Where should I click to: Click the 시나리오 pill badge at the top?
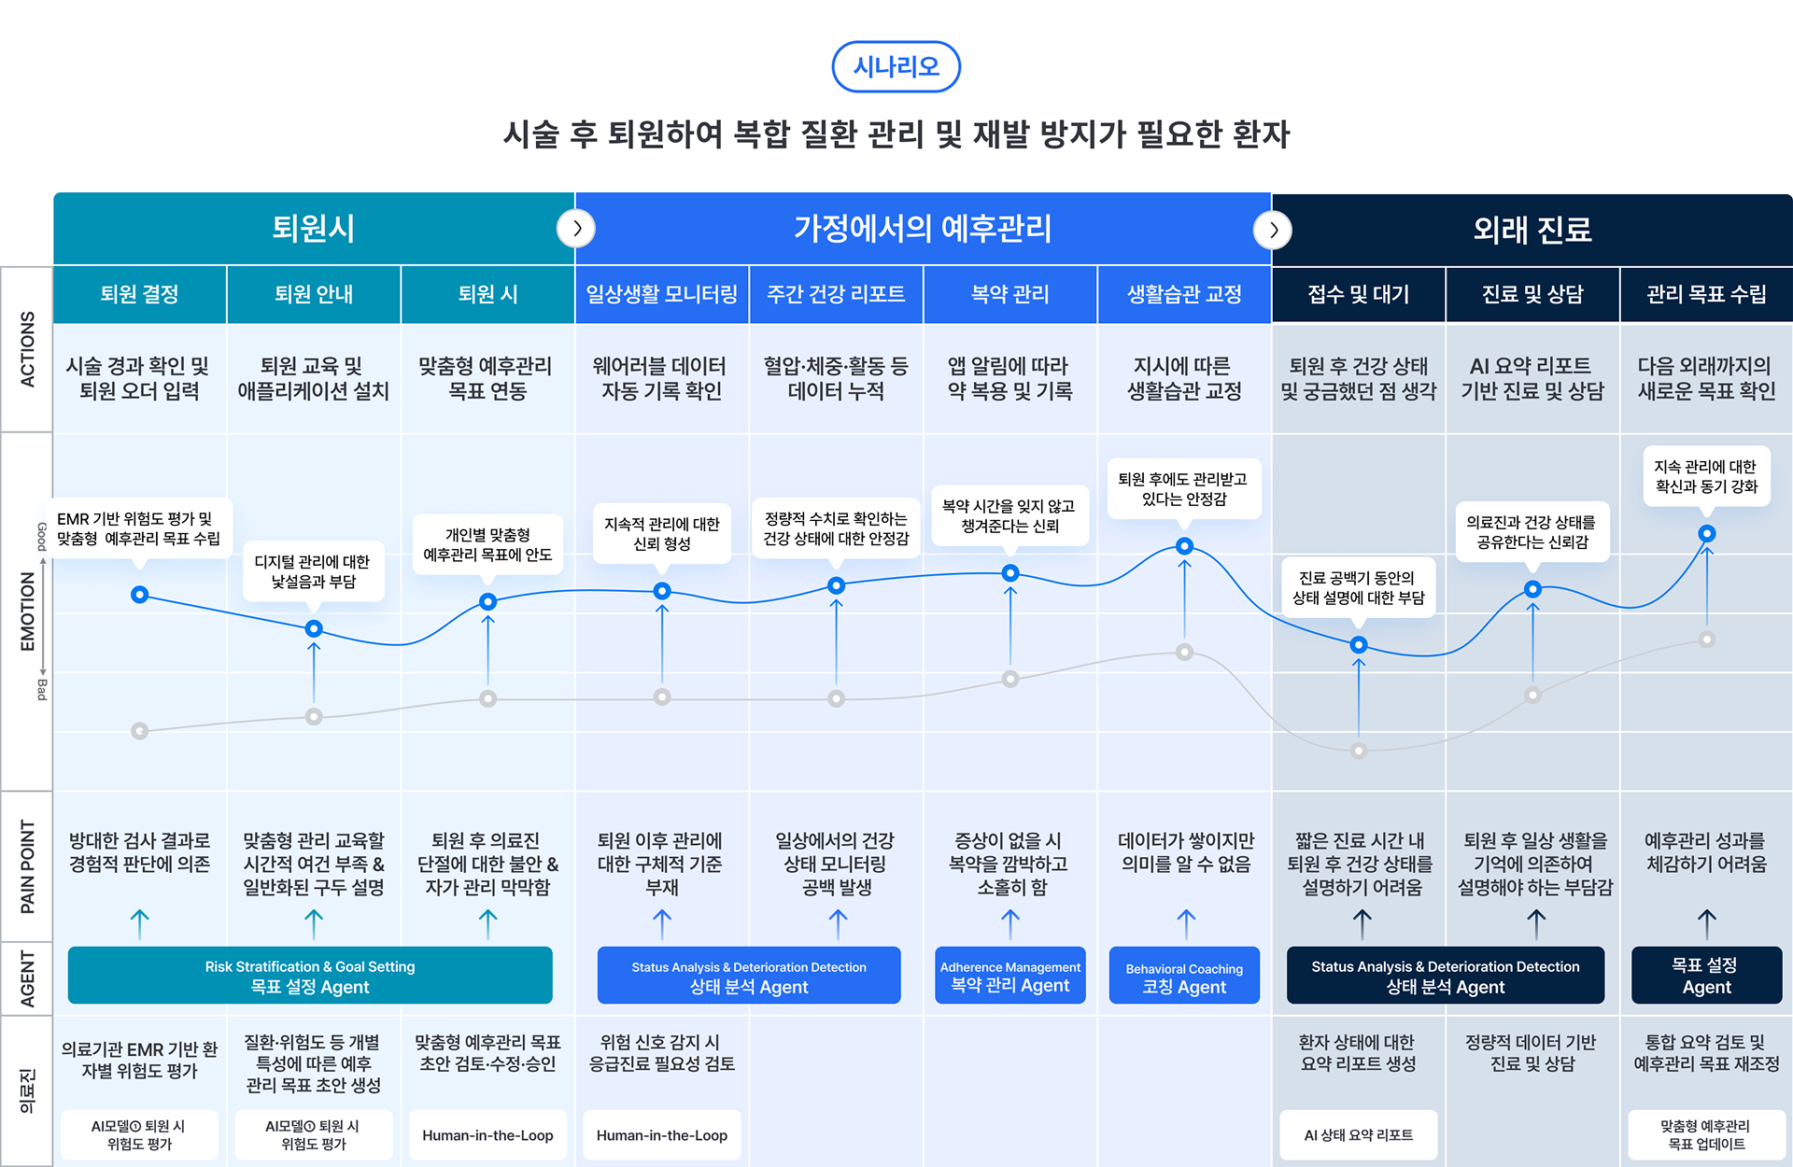(x=896, y=66)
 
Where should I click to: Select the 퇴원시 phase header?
(x=314, y=229)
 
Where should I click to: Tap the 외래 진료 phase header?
(x=1532, y=230)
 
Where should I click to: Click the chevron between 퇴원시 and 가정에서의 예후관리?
(x=576, y=229)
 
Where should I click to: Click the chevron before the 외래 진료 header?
(x=1273, y=230)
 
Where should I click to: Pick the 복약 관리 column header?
(x=1009, y=295)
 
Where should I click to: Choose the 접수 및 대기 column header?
(x=1358, y=295)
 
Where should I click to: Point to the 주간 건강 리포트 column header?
(x=836, y=295)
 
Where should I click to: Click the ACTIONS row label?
(x=27, y=349)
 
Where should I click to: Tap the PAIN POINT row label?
(x=27, y=866)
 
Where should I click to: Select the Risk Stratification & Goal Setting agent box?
(x=310, y=977)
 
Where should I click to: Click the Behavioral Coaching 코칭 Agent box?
(x=1184, y=977)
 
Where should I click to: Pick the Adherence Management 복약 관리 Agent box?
(x=1009, y=977)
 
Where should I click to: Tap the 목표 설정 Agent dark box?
(x=1706, y=977)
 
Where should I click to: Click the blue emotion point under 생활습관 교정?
(x=1184, y=546)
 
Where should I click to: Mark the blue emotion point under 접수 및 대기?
(x=1359, y=644)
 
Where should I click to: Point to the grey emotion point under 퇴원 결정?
(x=140, y=731)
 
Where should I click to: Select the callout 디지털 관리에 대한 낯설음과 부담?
(x=314, y=571)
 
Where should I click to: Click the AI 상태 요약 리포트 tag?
(x=1358, y=1135)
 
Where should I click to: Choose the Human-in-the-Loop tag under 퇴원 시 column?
(x=487, y=1135)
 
